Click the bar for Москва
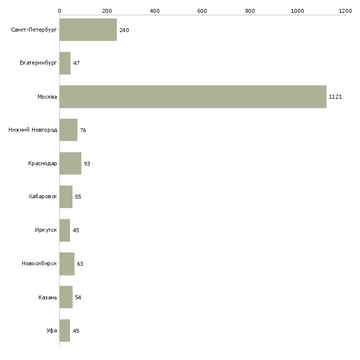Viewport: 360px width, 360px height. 192,97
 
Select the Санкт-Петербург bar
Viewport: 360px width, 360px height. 88,30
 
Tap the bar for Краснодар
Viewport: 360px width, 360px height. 70,163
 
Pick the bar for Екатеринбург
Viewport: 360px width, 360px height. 65,63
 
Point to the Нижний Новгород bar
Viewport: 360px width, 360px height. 68,130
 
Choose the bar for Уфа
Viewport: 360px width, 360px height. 65,330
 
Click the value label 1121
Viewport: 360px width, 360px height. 335,97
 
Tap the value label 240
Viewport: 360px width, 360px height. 124,30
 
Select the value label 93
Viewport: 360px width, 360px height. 87,164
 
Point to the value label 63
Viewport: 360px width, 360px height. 80,264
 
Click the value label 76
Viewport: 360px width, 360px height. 83,130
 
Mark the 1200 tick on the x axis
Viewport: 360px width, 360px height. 345,10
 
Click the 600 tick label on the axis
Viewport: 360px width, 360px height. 202,10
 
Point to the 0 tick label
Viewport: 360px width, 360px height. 59,10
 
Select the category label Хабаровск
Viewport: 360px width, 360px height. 42,197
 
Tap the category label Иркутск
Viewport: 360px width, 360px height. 46,230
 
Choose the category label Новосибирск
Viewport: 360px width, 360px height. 39,263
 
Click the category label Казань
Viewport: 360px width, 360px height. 48,297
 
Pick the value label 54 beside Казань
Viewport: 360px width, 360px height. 78,297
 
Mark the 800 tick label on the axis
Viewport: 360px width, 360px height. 250,10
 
